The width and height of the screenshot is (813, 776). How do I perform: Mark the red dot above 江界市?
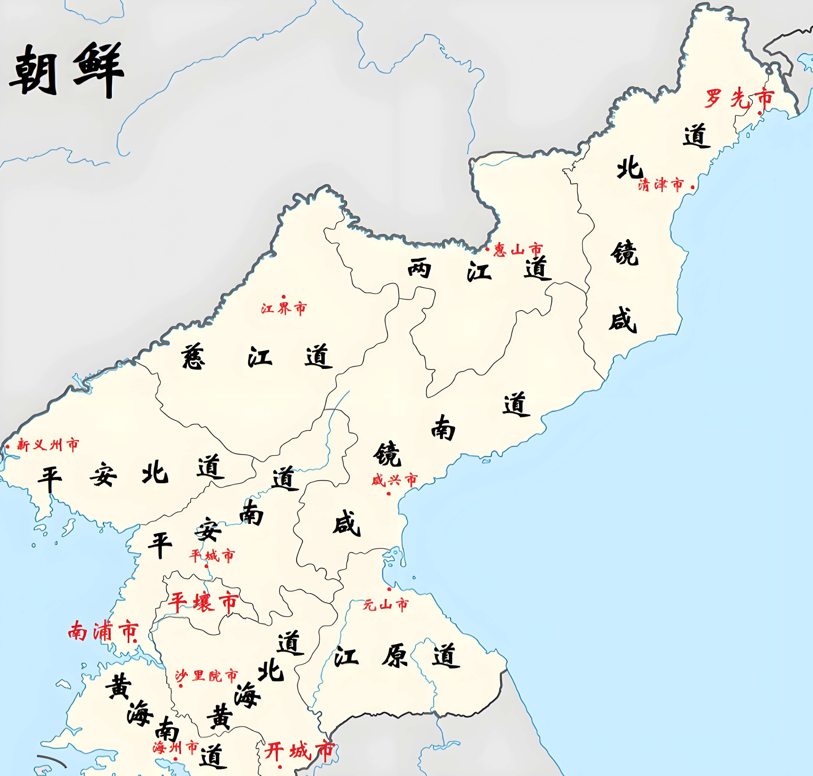pos(283,297)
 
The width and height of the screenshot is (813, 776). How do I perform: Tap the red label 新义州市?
pos(48,445)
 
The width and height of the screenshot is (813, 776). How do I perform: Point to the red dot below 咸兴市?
pos(388,494)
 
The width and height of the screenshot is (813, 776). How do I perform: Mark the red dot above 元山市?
pos(389,589)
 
